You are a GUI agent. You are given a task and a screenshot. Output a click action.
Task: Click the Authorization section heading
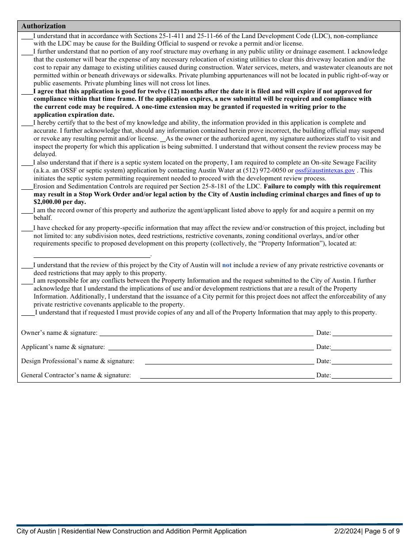(43, 26)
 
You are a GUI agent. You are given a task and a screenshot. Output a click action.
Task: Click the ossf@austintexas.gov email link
(325, 171)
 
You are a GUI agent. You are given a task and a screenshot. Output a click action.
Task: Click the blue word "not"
(226, 265)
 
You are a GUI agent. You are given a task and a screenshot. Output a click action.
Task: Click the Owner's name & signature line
(206, 333)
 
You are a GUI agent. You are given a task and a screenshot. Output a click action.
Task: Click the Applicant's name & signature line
(211, 347)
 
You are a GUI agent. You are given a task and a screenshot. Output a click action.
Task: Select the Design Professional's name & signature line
(229, 361)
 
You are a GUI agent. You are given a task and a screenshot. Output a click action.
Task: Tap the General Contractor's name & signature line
(227, 375)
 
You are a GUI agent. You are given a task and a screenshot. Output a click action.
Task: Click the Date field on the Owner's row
(362, 333)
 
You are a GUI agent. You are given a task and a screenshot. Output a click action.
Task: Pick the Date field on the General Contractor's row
(362, 375)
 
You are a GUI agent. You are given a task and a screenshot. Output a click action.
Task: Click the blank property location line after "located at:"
(92, 254)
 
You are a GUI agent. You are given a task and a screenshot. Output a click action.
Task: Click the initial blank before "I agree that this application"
(27, 92)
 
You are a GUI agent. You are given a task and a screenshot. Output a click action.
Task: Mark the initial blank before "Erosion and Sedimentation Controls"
(27, 187)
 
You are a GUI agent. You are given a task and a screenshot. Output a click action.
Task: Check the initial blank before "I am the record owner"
(27, 211)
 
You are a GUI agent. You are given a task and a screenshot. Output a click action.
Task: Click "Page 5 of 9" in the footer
(382, 532)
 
